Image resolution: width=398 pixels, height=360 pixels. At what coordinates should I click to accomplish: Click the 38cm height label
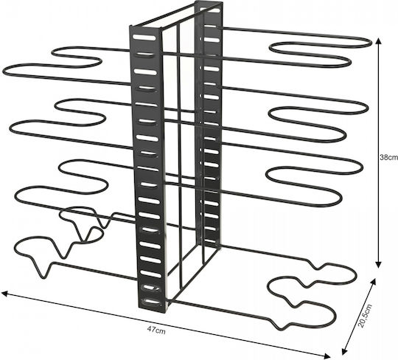[x=388, y=157]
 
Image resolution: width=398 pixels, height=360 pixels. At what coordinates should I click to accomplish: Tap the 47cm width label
[x=156, y=330]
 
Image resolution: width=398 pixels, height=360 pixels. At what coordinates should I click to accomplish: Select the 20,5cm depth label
[x=365, y=315]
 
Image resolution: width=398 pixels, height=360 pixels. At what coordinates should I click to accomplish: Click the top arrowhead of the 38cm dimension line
[x=379, y=41]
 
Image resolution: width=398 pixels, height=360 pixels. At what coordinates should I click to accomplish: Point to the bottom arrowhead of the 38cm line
[x=378, y=265]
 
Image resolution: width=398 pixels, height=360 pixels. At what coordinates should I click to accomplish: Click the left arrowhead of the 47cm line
[x=4, y=294]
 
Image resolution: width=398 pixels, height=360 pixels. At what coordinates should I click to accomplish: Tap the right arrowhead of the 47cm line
[x=327, y=355]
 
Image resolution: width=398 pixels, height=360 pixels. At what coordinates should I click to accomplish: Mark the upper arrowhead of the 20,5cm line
[x=373, y=282]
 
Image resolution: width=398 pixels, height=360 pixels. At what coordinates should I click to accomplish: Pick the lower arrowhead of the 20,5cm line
[x=345, y=351]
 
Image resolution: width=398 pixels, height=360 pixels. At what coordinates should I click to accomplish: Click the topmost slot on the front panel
[x=144, y=38]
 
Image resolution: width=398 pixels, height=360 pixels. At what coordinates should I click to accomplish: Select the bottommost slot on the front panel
[x=151, y=302]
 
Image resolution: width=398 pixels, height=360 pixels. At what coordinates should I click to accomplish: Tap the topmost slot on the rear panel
[x=209, y=10]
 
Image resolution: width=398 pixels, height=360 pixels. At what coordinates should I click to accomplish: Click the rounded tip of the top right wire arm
[x=369, y=43]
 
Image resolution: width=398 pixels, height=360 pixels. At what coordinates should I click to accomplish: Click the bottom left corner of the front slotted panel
[x=139, y=308]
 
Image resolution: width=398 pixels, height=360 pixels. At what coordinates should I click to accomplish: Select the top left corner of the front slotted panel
[x=130, y=27]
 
